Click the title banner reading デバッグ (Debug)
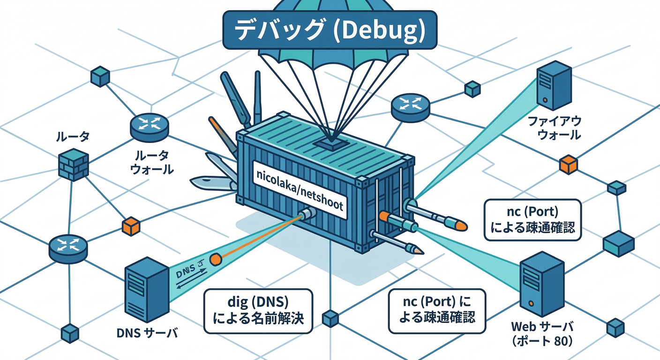(330, 30)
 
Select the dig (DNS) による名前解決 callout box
(258, 311)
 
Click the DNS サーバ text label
(147, 333)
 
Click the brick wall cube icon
(73, 165)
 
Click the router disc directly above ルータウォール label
(149, 127)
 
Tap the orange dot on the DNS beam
(216, 259)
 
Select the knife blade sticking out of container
(211, 183)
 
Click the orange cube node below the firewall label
(569, 165)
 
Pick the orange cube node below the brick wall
(130, 226)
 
